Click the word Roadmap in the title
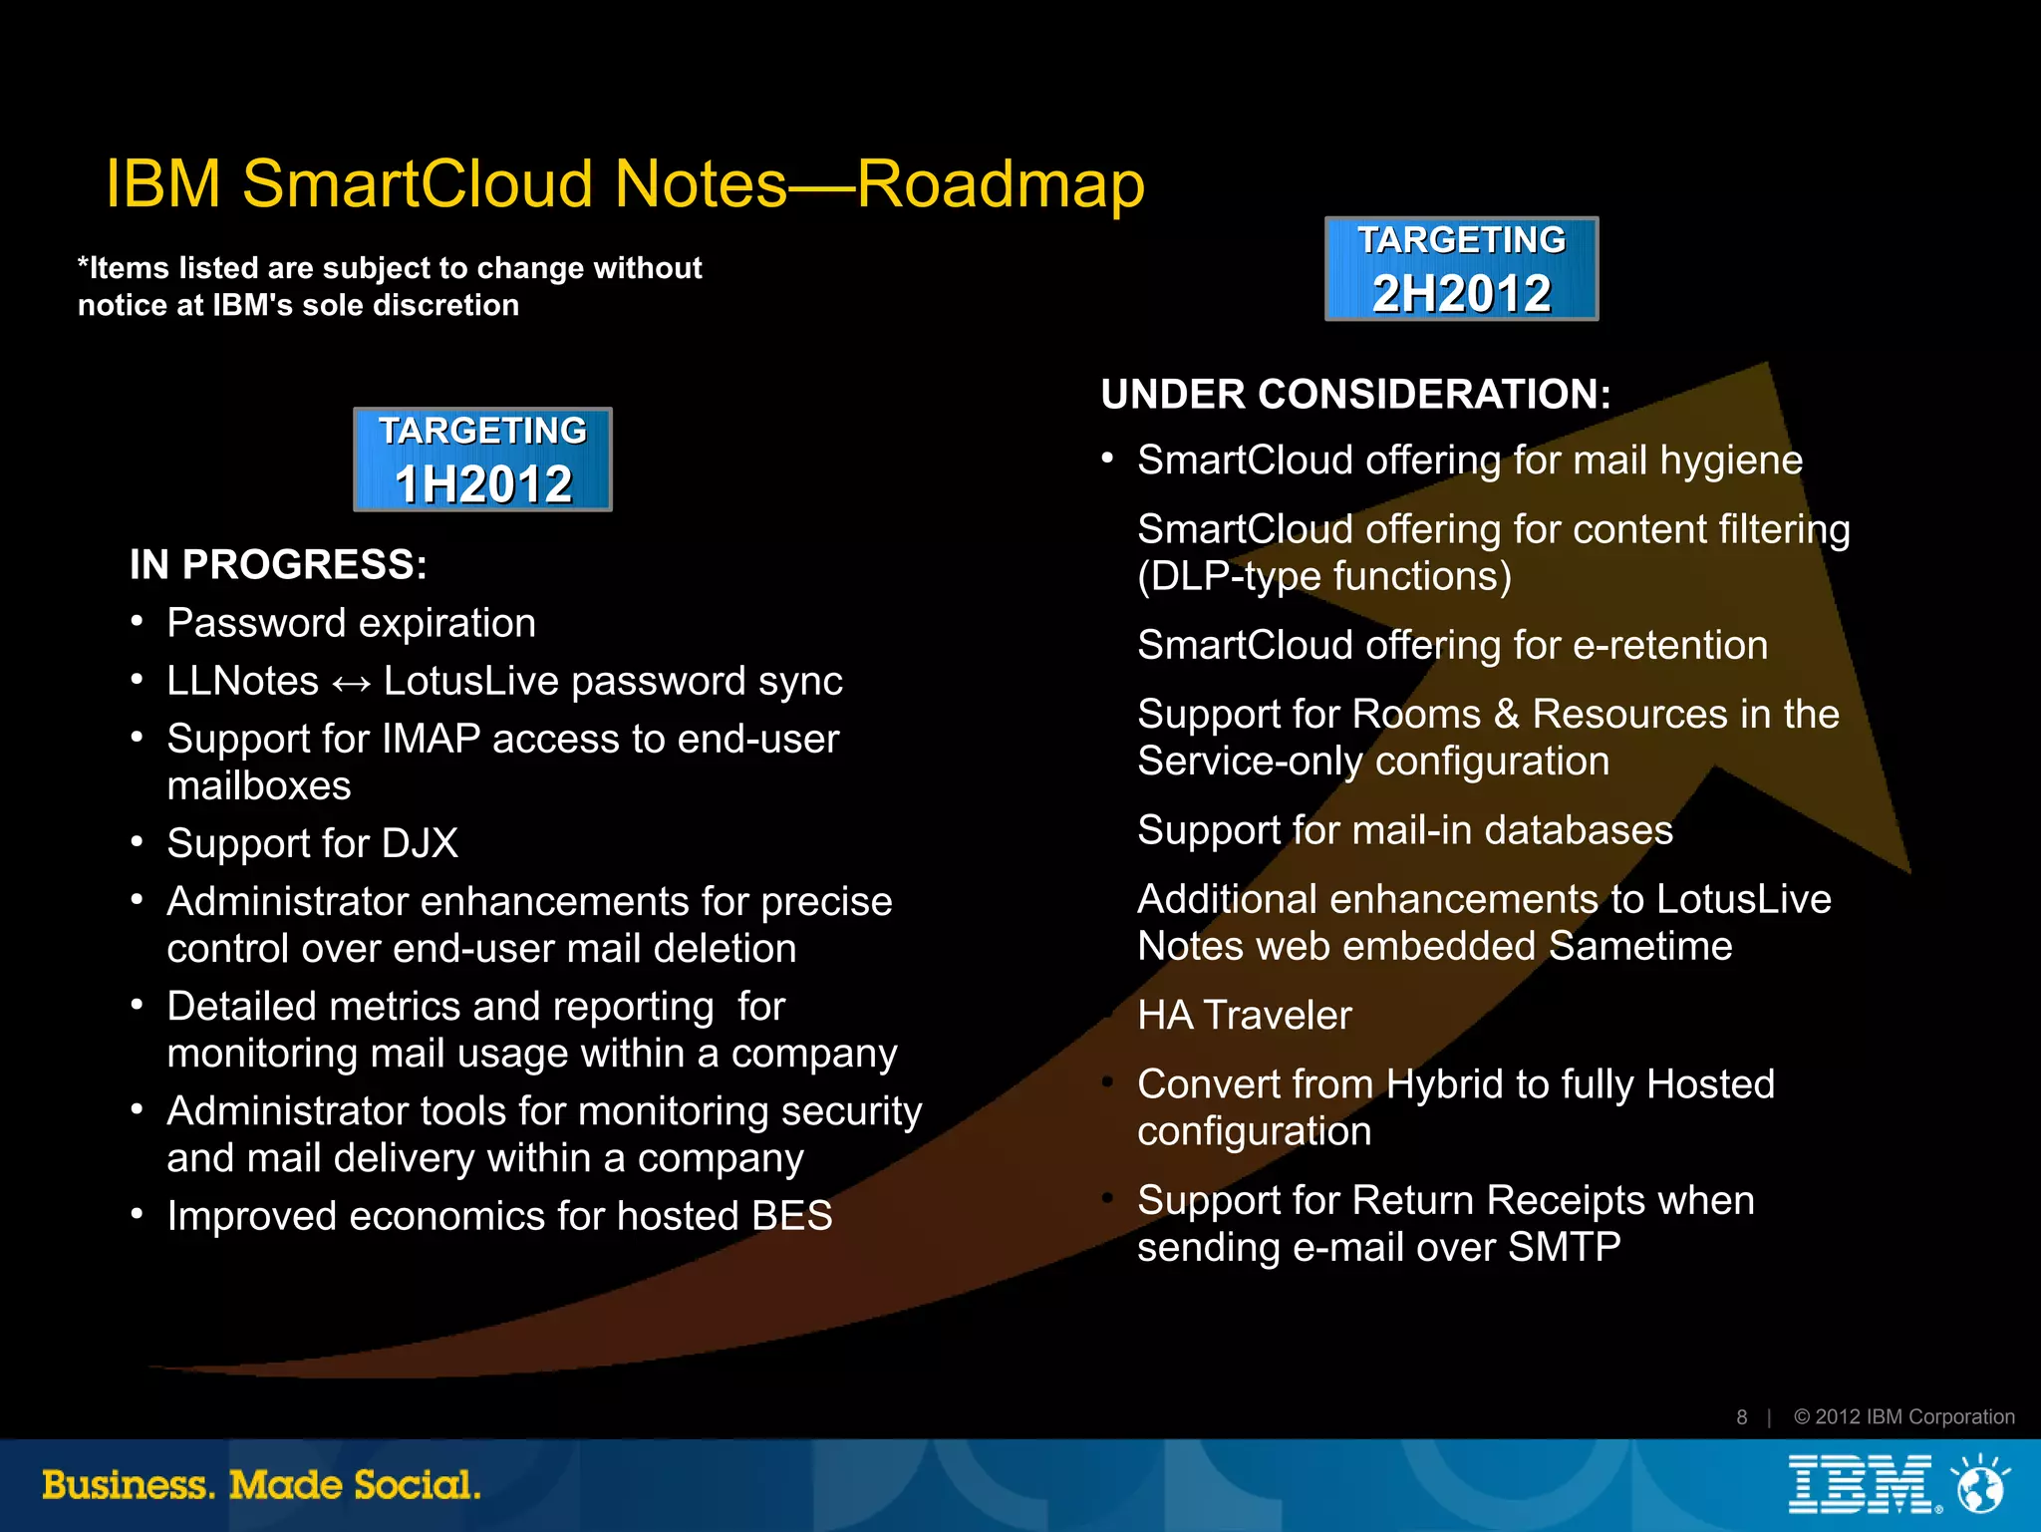click(1001, 184)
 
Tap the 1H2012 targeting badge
click(483, 460)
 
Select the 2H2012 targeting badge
click(1461, 269)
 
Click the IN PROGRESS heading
click(278, 565)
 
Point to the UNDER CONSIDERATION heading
click(1355, 395)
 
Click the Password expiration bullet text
click(351, 624)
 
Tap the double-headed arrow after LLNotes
click(351, 684)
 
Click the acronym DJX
click(420, 844)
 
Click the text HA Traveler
click(1244, 1016)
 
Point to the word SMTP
click(1564, 1248)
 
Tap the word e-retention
click(1669, 646)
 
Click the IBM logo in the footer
click(1860, 1484)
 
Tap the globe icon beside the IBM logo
click(1980, 1485)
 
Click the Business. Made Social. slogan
click(261, 1485)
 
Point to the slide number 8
click(1741, 1417)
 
